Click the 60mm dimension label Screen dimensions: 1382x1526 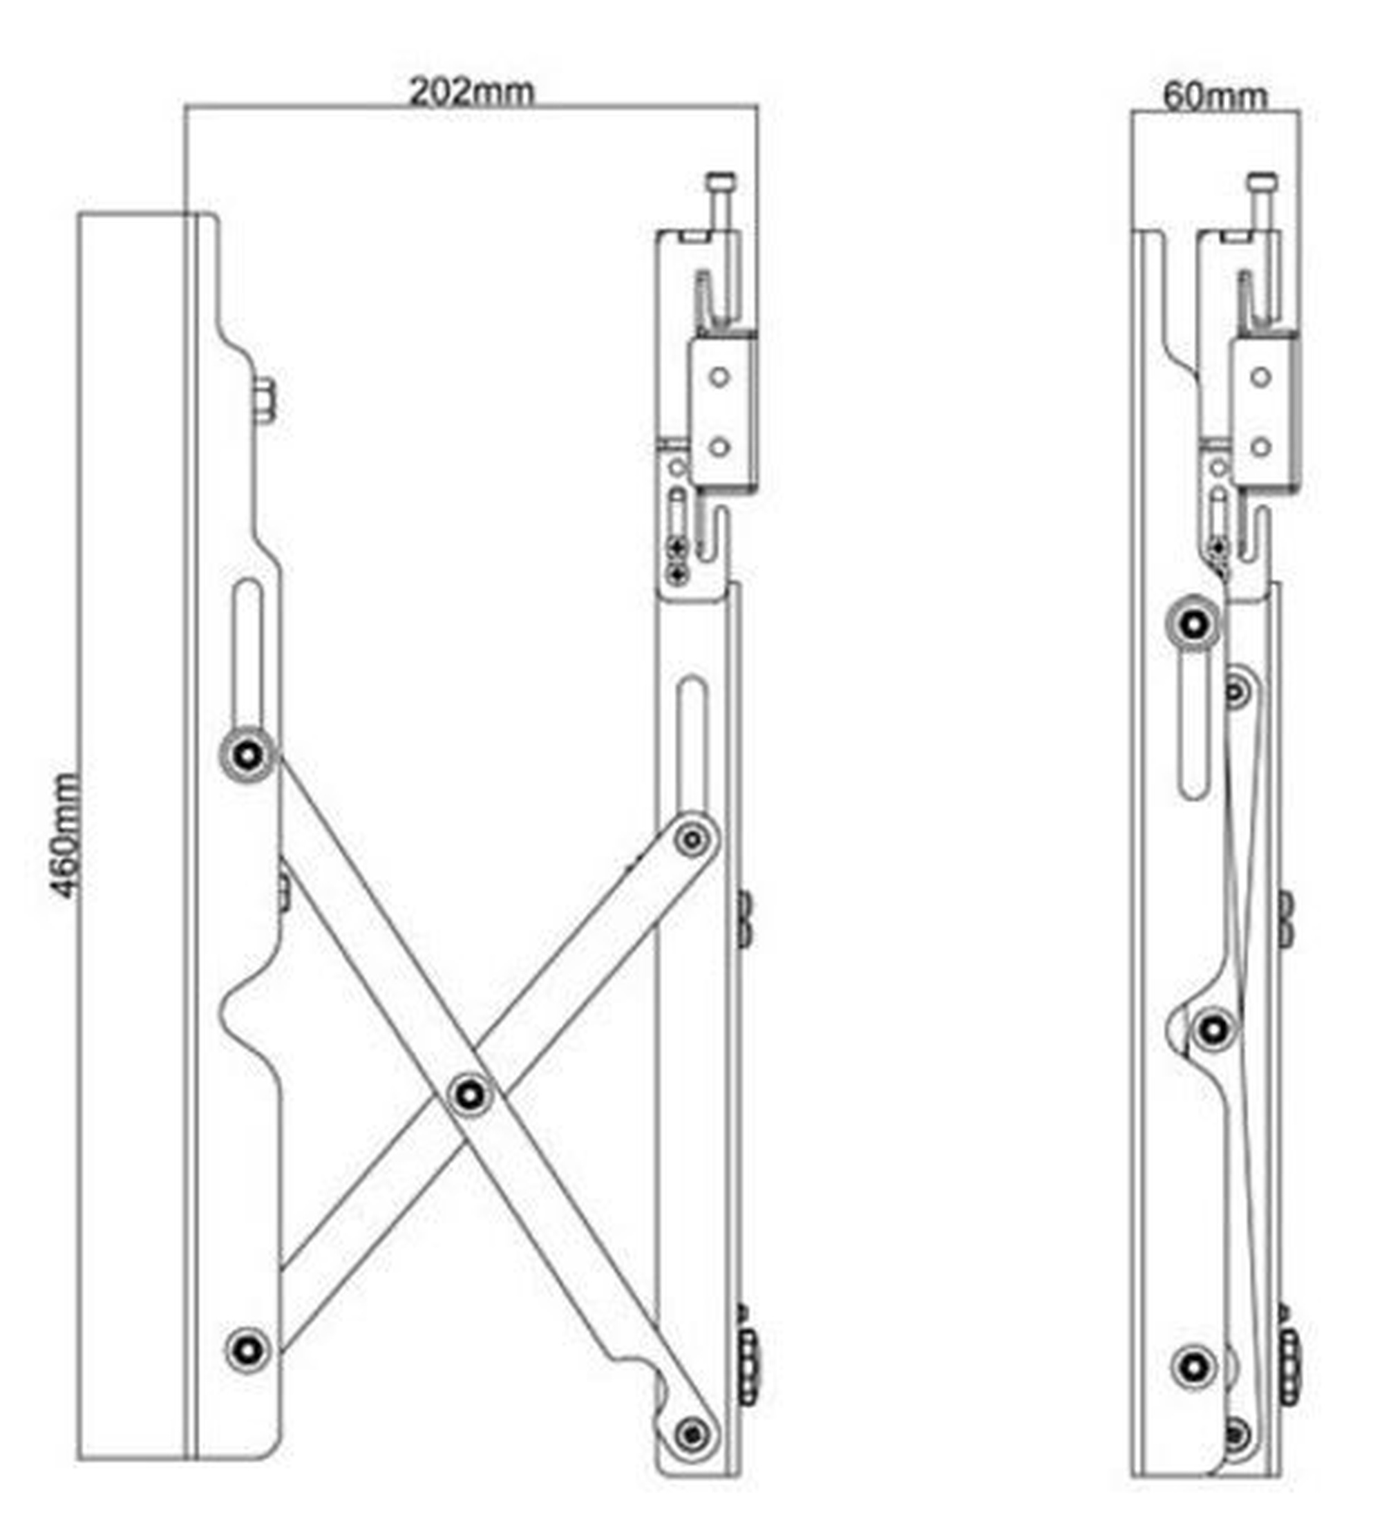pos(1214,96)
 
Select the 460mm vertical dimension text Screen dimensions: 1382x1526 pos(66,836)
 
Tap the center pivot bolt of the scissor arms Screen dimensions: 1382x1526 pos(470,1094)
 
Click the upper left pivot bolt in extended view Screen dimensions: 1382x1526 pos(247,754)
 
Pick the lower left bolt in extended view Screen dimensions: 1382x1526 pos(247,1349)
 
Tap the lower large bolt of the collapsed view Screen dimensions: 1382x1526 pos(1193,1367)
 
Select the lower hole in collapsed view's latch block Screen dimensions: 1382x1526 pos(1260,447)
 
